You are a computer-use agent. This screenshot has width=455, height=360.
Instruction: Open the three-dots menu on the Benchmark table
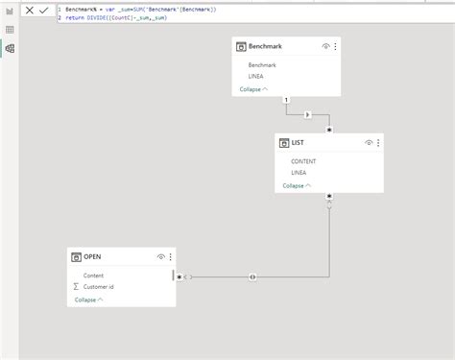tap(335, 46)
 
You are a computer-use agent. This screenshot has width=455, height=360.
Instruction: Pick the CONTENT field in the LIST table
tap(303, 162)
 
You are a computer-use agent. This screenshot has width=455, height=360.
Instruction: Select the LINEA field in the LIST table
tap(299, 172)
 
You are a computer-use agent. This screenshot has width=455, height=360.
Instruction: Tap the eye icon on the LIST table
tap(369, 143)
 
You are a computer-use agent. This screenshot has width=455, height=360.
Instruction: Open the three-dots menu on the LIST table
tap(377, 143)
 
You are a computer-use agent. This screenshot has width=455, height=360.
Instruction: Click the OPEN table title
tap(92, 257)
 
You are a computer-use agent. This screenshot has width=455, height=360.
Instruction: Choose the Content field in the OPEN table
tap(93, 276)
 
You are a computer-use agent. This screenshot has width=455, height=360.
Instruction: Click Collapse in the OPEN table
tap(86, 300)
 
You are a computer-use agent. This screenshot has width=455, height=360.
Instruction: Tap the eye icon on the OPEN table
tap(161, 257)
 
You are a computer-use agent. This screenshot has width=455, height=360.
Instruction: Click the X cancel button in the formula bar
tap(29, 10)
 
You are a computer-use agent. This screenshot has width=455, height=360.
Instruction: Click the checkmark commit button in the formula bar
tap(43, 10)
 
